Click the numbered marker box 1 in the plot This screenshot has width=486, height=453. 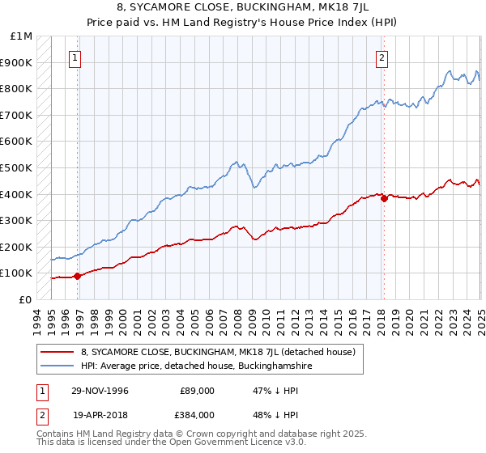tap(75, 57)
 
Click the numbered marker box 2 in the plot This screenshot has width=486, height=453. tap(381, 57)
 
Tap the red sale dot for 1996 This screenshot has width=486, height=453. tap(78, 276)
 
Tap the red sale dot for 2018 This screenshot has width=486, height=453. tap(384, 198)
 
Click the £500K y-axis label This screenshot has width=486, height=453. tap(18, 167)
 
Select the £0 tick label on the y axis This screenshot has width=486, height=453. tap(25, 299)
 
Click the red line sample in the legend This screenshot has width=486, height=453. tap(58, 352)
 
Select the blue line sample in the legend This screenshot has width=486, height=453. tap(58, 366)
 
